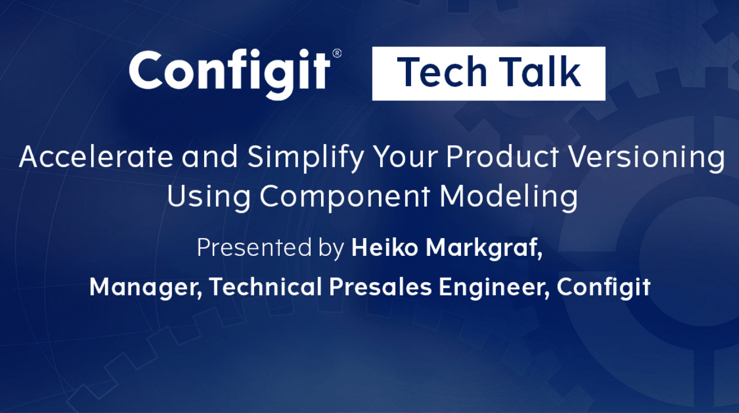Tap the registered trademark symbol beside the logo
click(337, 53)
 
